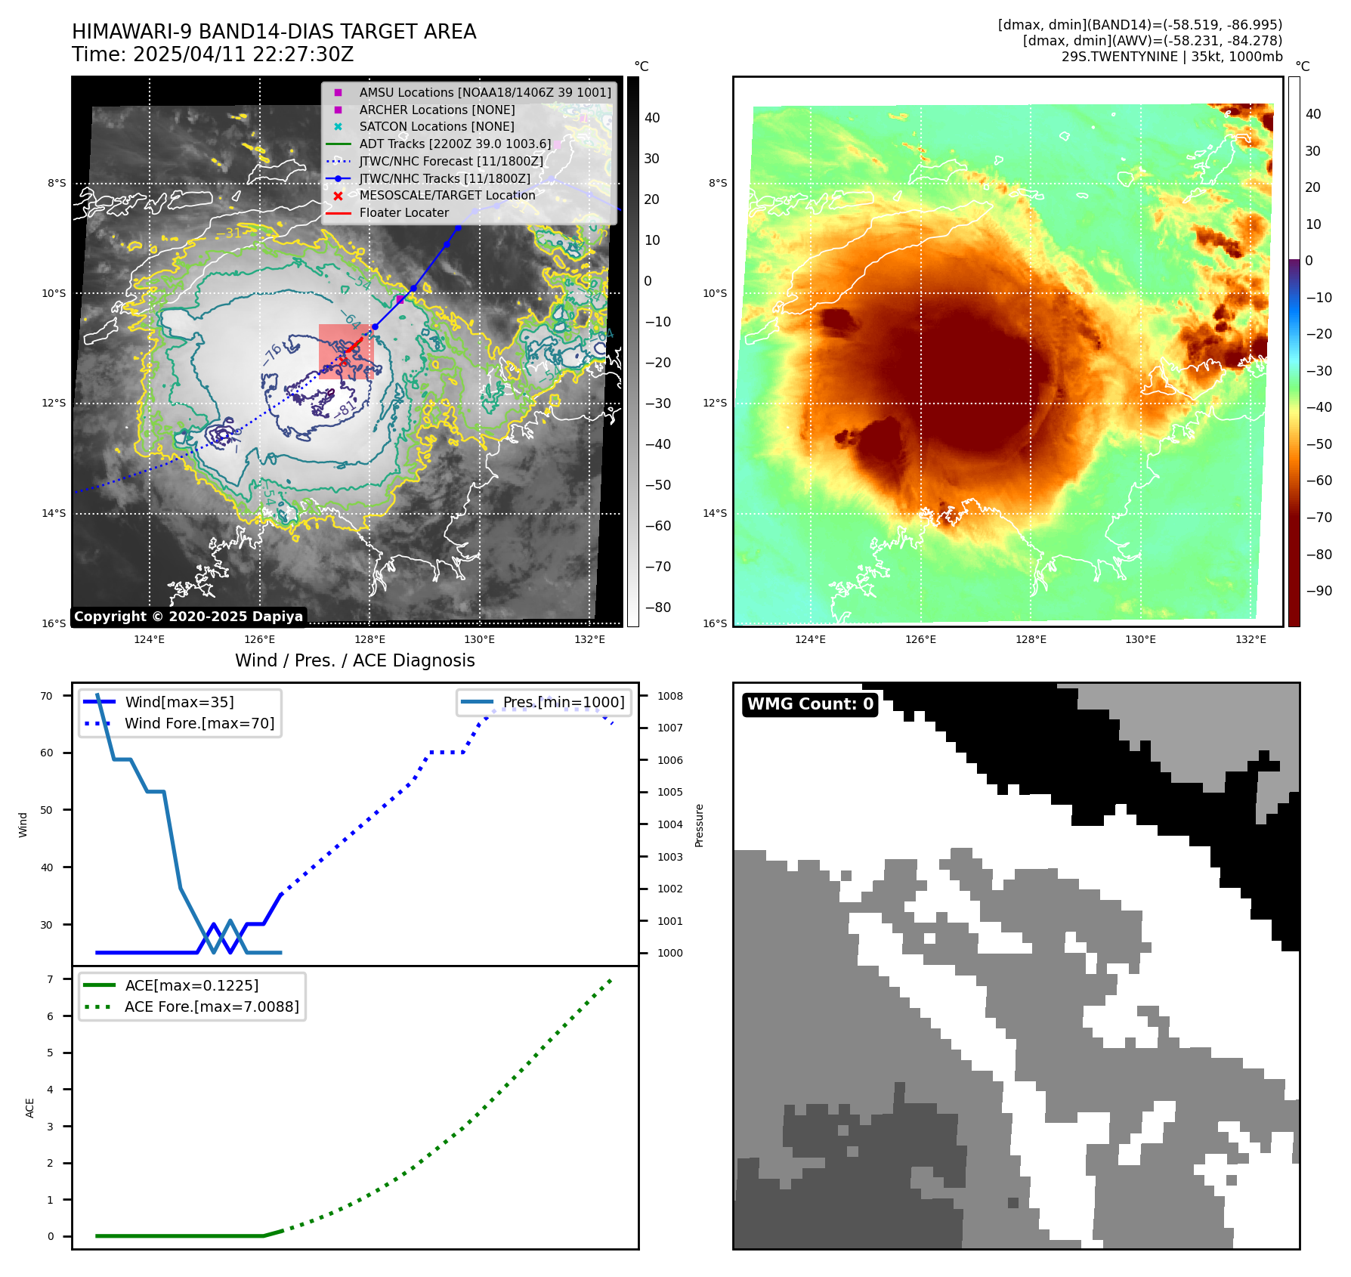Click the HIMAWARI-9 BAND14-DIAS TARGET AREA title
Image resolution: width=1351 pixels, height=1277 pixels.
click(274, 32)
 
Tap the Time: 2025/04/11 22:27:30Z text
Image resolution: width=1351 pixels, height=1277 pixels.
click(212, 54)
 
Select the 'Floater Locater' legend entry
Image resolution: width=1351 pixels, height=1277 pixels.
click(403, 213)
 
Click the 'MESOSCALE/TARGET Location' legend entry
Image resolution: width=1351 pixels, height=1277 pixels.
click(447, 196)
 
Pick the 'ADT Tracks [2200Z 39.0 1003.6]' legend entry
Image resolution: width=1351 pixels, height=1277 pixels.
click(455, 144)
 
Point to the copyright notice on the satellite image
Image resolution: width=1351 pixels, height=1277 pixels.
click(188, 617)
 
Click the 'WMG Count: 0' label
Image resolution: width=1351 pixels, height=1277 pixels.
click(810, 704)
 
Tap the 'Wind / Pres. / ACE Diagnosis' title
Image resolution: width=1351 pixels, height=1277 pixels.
click(354, 660)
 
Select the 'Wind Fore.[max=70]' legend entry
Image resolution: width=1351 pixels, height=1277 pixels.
click(199, 723)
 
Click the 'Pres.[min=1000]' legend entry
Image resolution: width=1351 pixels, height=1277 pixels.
click(564, 702)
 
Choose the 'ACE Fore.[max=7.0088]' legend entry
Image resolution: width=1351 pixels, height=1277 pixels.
click(212, 1006)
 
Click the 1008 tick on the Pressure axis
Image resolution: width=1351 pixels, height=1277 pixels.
click(669, 696)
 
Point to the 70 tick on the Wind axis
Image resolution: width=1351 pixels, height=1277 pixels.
click(47, 696)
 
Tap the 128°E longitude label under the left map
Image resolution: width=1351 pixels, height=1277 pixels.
click(369, 639)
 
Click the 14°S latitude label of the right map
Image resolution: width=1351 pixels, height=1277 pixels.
click(715, 513)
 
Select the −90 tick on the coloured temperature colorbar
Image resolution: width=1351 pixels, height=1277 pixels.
click(1319, 591)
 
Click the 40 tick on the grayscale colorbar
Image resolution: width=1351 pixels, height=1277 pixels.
click(652, 118)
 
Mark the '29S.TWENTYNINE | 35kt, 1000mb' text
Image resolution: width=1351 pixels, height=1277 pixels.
click(1171, 57)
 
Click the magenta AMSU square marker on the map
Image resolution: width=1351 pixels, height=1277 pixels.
click(400, 300)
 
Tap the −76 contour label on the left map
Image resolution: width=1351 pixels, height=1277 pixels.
click(272, 353)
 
